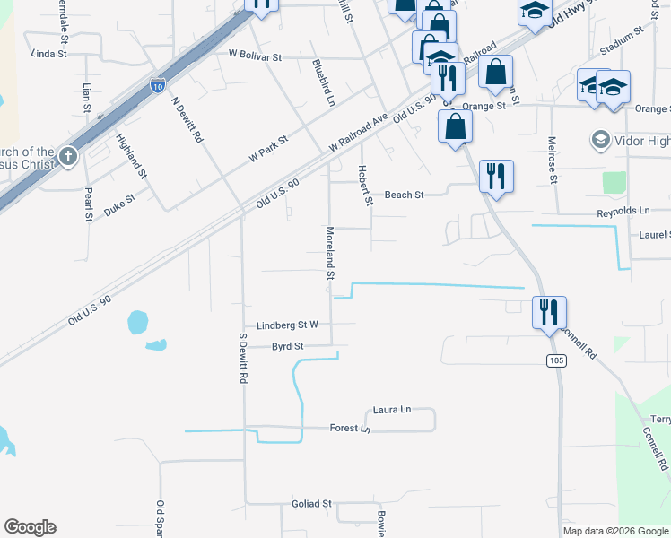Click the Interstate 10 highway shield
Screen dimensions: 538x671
[x=157, y=87]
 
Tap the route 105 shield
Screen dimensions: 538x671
[x=556, y=360]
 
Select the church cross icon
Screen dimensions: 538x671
[x=67, y=158]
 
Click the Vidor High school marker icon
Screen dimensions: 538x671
[x=600, y=140]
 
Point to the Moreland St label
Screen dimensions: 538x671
[x=330, y=252]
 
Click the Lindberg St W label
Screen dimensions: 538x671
[x=288, y=325]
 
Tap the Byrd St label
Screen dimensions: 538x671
[x=288, y=345]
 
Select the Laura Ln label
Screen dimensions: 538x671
[x=392, y=409]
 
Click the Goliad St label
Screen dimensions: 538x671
[x=312, y=504]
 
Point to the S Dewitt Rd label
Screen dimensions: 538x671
[x=242, y=359]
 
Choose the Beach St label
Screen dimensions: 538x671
[x=404, y=194]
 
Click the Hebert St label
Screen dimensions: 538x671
[x=365, y=185]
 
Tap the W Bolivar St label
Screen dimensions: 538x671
[x=256, y=56]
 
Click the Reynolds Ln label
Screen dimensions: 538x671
[x=623, y=212]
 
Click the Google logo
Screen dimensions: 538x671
[x=30, y=527]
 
